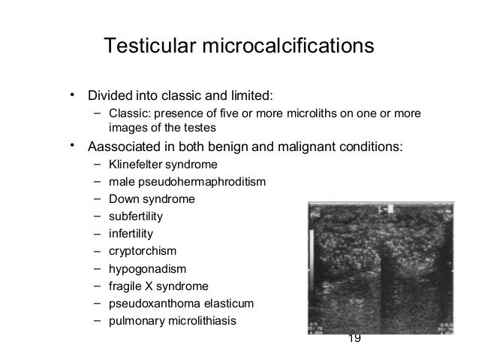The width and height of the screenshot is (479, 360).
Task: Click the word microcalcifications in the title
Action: click(x=286, y=47)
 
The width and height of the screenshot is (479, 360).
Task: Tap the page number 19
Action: click(x=355, y=339)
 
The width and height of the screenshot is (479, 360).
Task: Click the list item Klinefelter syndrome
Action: click(x=163, y=165)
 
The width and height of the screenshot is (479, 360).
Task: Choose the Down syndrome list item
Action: click(x=152, y=199)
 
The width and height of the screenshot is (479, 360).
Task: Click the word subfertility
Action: click(x=135, y=216)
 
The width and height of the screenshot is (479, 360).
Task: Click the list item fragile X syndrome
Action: click(x=159, y=286)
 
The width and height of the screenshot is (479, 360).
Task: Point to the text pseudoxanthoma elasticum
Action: click(x=182, y=304)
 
